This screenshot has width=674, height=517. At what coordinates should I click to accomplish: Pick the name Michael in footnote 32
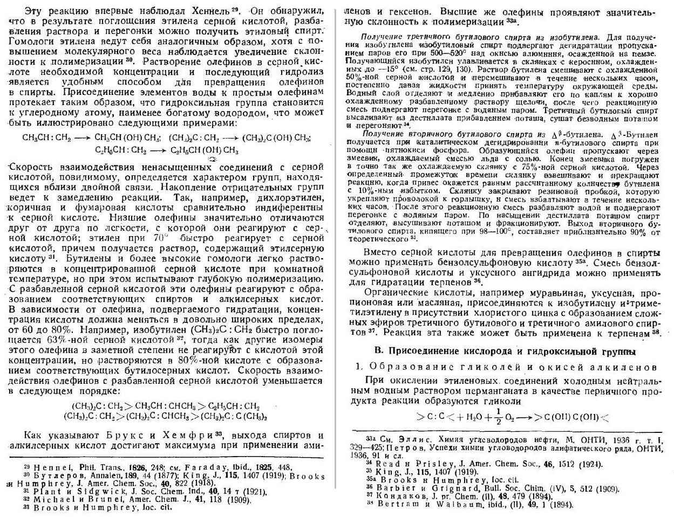pos(51,499)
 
